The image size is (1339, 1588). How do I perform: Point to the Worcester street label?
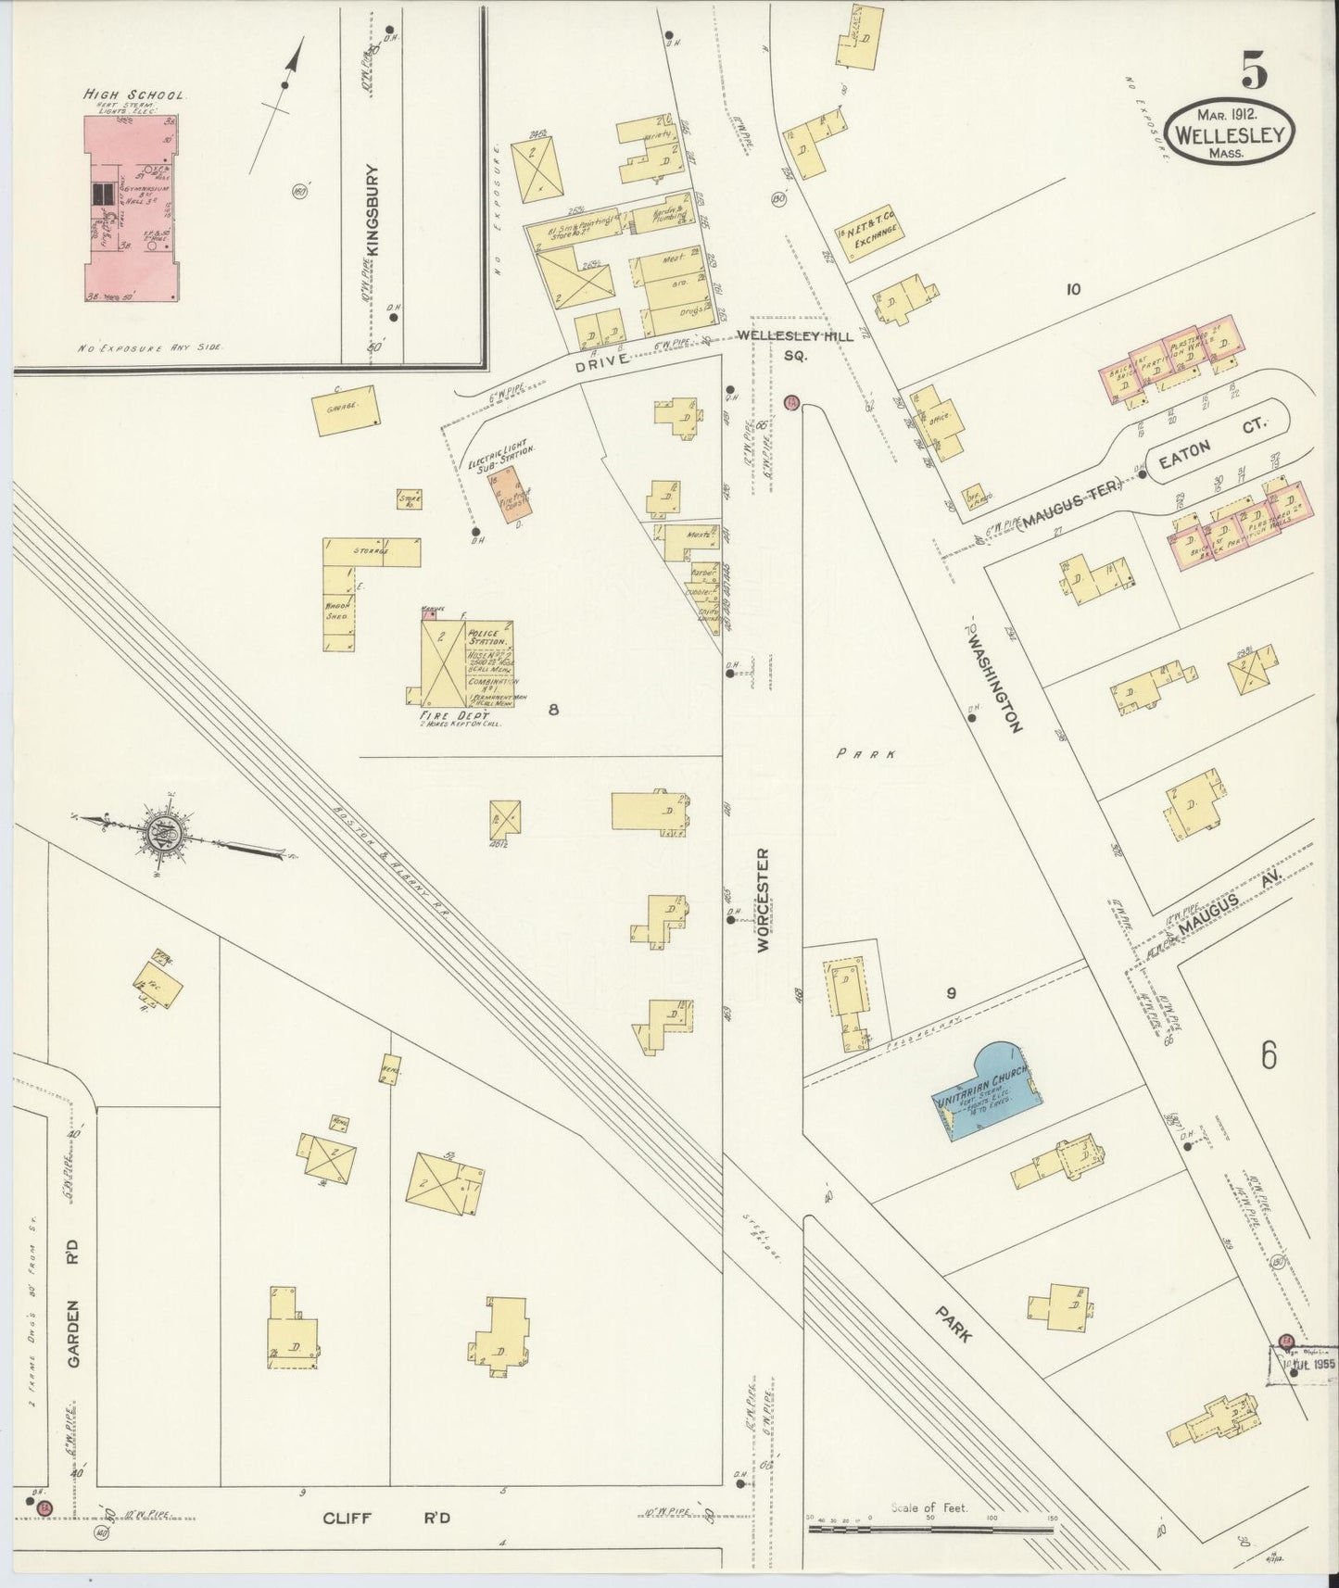(763, 899)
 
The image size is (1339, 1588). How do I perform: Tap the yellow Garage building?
(344, 410)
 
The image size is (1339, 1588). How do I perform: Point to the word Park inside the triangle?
(865, 753)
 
